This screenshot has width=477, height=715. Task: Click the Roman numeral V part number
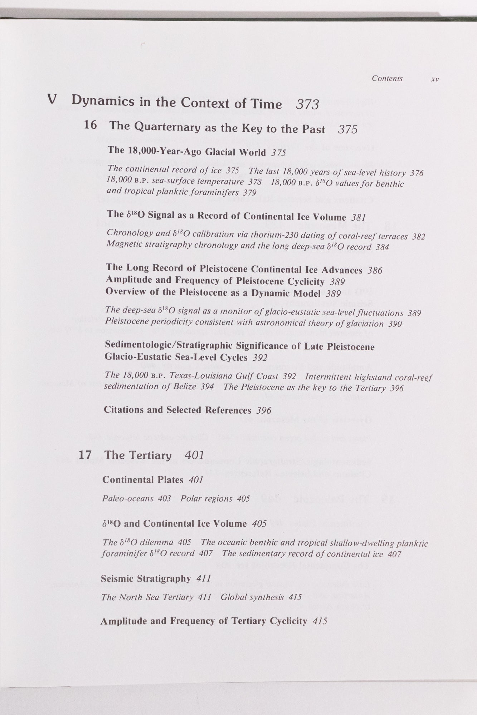(x=52, y=99)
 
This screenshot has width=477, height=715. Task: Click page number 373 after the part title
(x=307, y=104)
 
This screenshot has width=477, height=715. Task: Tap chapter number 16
(x=90, y=125)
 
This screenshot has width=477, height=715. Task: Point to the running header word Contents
(x=387, y=78)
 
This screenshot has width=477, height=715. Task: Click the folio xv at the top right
(x=435, y=79)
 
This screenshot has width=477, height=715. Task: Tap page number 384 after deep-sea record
(x=382, y=247)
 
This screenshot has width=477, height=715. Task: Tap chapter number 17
(x=85, y=455)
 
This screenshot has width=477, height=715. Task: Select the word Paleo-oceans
(x=128, y=498)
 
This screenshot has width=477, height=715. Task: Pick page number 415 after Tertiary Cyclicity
(x=320, y=621)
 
